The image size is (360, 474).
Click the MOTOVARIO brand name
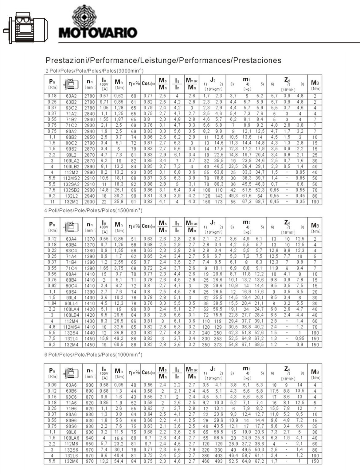tap(98, 33)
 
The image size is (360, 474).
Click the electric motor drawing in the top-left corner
tap(26, 27)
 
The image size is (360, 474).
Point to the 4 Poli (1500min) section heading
tap(93, 211)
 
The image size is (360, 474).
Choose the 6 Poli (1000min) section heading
tap(93, 354)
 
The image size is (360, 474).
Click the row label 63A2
tap(71, 96)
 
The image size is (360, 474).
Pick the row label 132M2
tap(71, 202)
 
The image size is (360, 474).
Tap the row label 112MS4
tap(71, 327)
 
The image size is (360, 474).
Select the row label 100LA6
tap(71, 438)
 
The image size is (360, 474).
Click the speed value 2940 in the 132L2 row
tap(90, 196)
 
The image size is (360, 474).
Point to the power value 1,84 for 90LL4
tap(52, 303)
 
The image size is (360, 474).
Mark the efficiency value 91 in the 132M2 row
tap(134, 202)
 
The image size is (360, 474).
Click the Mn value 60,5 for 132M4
tap(119, 345)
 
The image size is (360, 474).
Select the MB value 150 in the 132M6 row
tap(315, 461)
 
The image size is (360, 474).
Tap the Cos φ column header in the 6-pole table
tap(148, 373)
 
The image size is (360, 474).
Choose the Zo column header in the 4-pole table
tap(287, 226)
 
